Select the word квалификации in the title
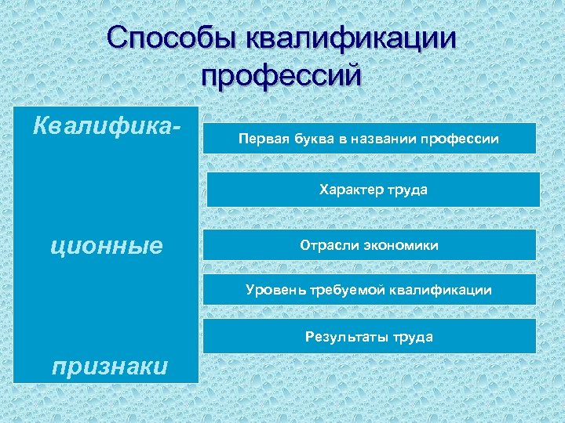[351, 39]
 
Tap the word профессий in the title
[282, 76]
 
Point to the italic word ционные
[106, 246]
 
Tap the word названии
[381, 139]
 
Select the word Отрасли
[327, 245]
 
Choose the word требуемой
[344, 290]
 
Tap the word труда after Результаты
[413, 337]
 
